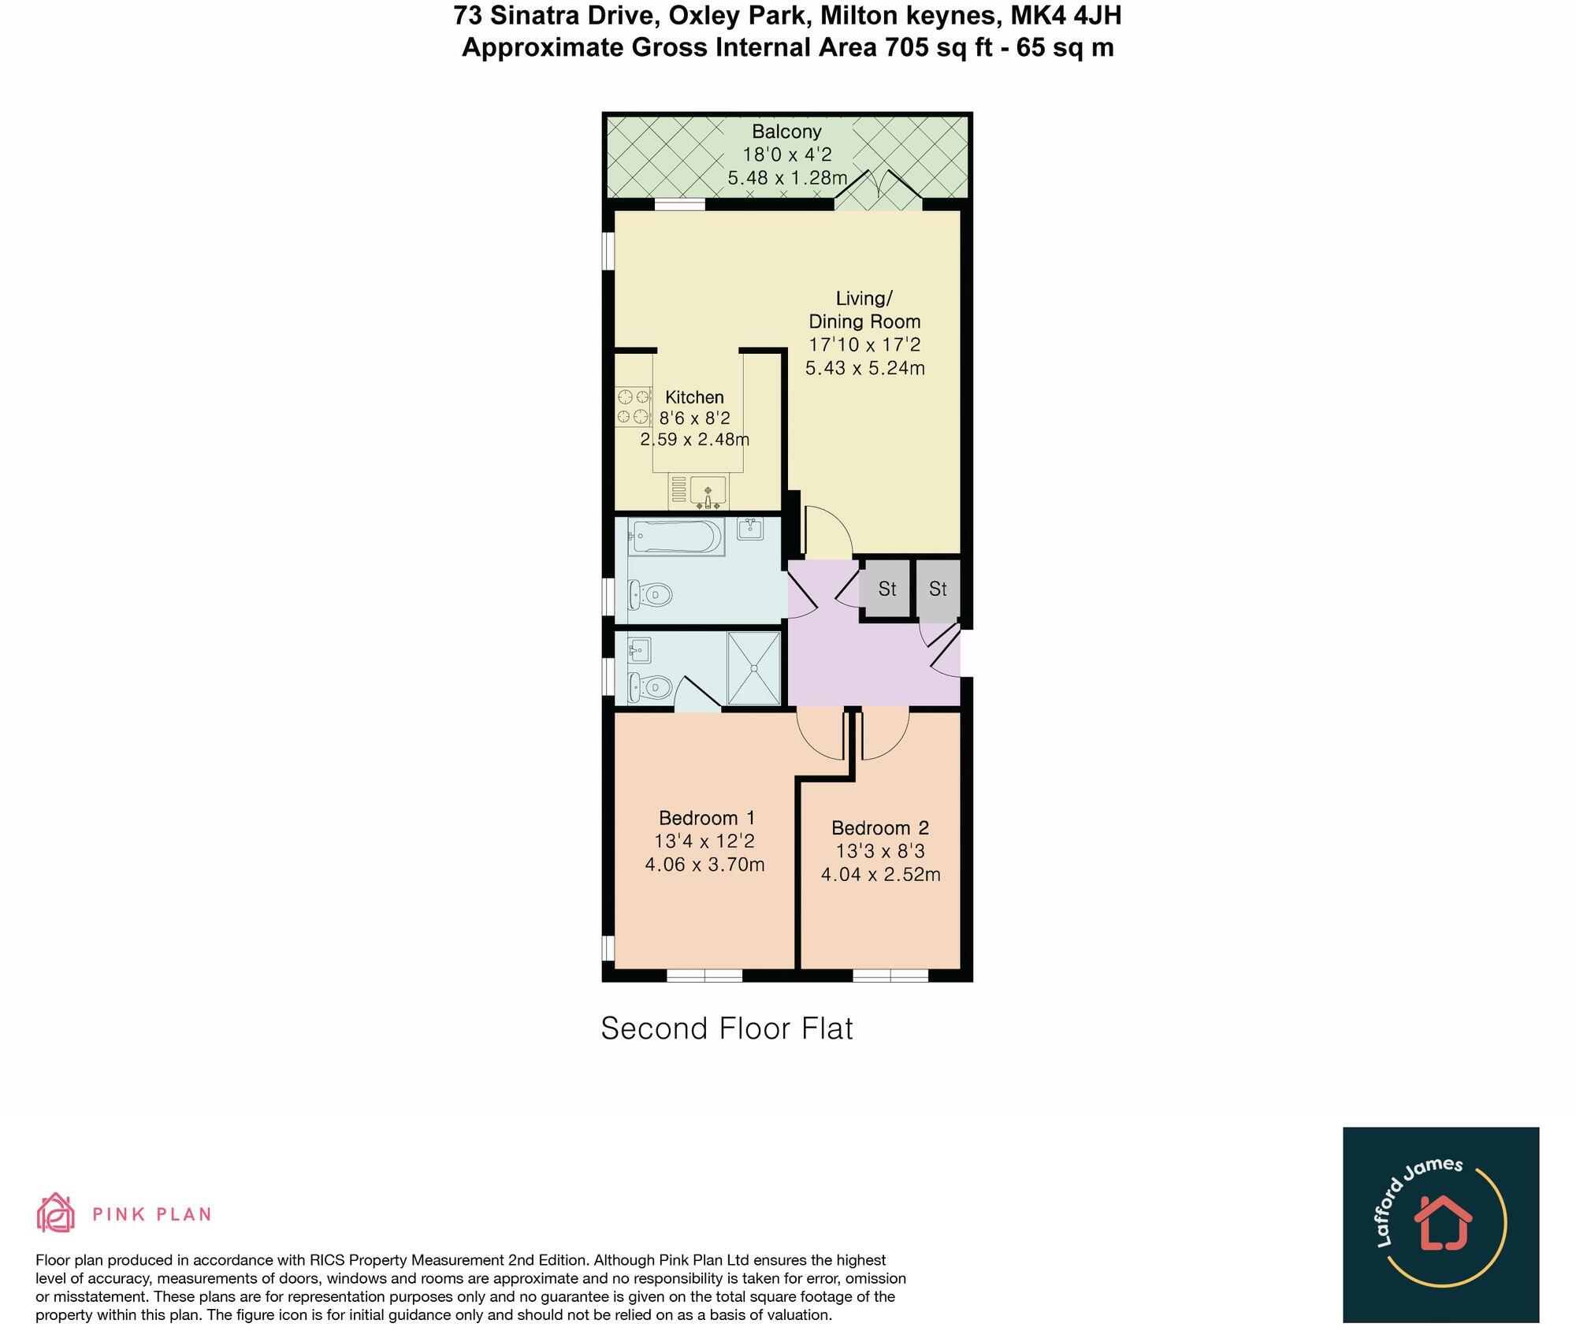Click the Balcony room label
click(786, 132)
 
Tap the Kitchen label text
click(694, 397)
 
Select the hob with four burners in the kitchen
click(633, 406)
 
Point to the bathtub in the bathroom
click(676, 537)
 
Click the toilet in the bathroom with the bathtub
click(650, 593)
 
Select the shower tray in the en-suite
click(753, 667)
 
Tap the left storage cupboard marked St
click(886, 589)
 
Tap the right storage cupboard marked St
click(938, 589)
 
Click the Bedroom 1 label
click(707, 818)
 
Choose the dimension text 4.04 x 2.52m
click(880, 875)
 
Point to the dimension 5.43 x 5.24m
click(864, 368)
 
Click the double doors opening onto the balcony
click(879, 191)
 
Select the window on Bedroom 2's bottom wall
click(890, 975)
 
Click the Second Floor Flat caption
click(727, 1028)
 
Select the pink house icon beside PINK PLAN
click(55, 1213)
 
